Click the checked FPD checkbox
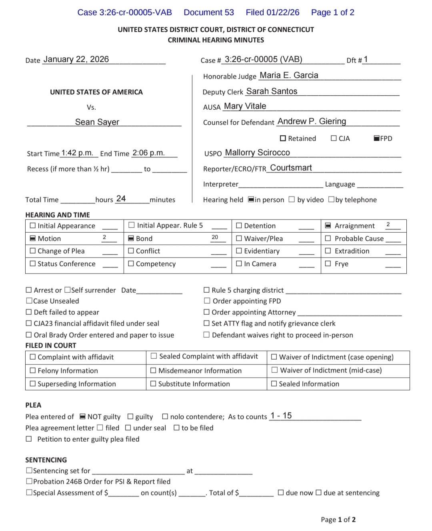pyautogui.click(x=376, y=138)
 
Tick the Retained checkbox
pyautogui.click(x=283, y=138)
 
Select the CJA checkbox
pyautogui.click(x=334, y=138)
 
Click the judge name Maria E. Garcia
pyautogui.click(x=289, y=75)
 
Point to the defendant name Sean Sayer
pyautogui.click(x=97, y=122)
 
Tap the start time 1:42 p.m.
pyautogui.click(x=77, y=153)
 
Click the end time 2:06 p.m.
pyautogui.click(x=148, y=153)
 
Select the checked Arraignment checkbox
pyautogui.click(x=328, y=226)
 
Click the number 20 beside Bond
pyautogui.click(x=215, y=237)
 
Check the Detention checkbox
pyautogui.click(x=239, y=225)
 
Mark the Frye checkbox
pyautogui.click(x=328, y=263)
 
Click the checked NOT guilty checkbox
pyautogui.click(x=83, y=416)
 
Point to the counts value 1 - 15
pyautogui.click(x=281, y=416)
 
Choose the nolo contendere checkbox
pyautogui.click(x=165, y=416)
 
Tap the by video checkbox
pyautogui.click(x=292, y=199)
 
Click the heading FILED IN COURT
pyautogui.click(x=51, y=346)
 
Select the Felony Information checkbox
pyautogui.click(x=32, y=370)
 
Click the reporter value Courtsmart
pyautogui.click(x=291, y=168)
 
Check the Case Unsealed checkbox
pyautogui.click(x=29, y=301)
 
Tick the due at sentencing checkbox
pyautogui.click(x=318, y=493)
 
